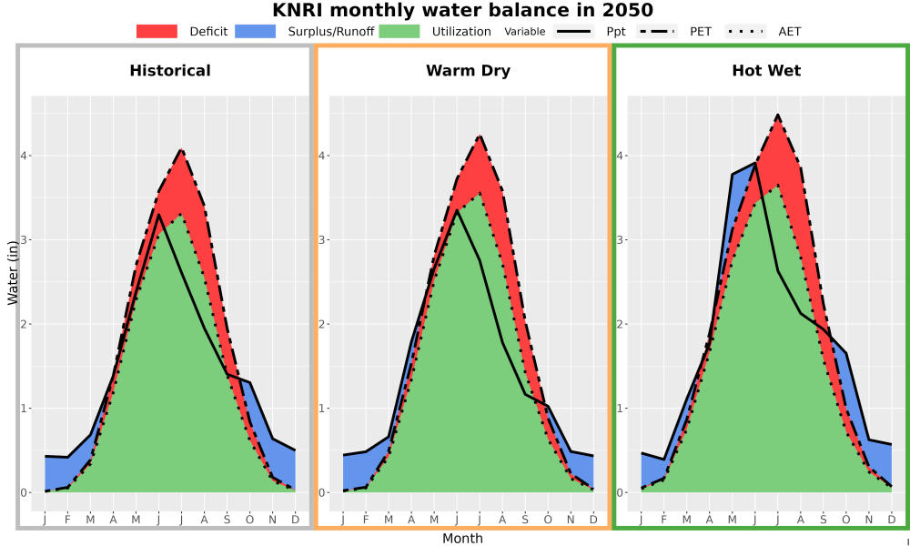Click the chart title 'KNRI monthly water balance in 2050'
click(462, 10)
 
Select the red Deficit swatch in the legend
click(157, 31)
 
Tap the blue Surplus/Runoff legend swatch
click(256, 31)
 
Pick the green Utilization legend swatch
click(399, 31)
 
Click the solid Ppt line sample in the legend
click(573, 31)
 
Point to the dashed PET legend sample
click(657, 31)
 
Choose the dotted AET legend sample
click(745, 31)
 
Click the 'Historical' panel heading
click(170, 71)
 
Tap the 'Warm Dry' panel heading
click(469, 71)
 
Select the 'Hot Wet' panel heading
click(766, 71)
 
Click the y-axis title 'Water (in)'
click(13, 273)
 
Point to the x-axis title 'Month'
click(462, 539)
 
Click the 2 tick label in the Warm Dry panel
click(323, 324)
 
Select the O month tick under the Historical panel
click(249, 520)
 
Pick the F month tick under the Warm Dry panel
click(366, 520)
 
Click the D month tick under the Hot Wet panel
click(892, 520)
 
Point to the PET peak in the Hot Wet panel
click(778, 115)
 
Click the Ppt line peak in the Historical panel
click(158, 215)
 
